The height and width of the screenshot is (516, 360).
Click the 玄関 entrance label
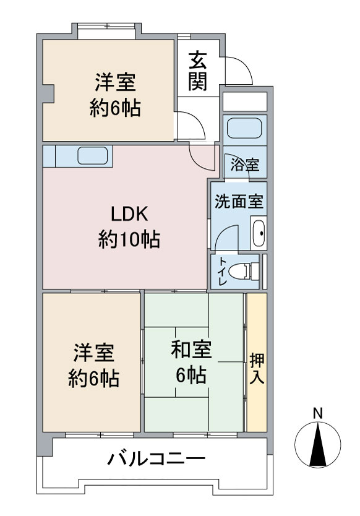point(198,71)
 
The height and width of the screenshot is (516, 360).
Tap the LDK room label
point(129,215)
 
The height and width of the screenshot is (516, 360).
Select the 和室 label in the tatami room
point(191,350)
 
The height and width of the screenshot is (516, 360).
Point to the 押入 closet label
point(257,369)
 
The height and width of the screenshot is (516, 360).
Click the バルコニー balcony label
point(156,460)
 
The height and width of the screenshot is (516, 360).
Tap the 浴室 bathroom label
point(244,165)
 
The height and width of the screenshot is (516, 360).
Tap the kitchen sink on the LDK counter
point(93,155)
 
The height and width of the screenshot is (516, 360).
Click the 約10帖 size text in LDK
point(129,239)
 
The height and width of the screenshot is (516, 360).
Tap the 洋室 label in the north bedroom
point(115,84)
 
